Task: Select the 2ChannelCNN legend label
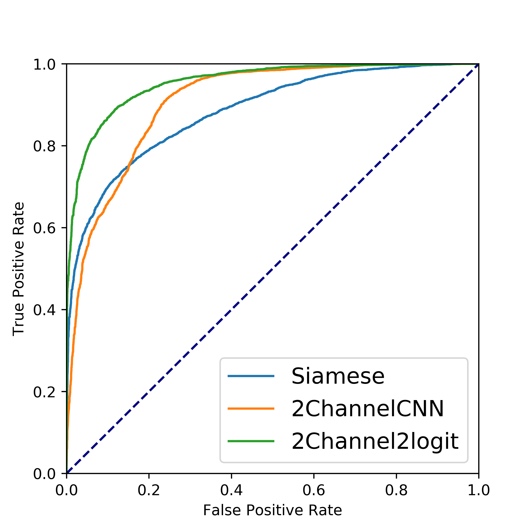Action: tap(368, 409)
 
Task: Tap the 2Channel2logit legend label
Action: tap(375, 441)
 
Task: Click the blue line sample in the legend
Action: tap(251, 376)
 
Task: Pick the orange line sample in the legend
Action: tap(251, 409)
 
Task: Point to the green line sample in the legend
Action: tap(251, 441)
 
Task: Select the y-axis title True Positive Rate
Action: tap(19, 269)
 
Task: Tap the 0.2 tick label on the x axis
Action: tap(149, 491)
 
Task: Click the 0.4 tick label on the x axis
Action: tap(231, 491)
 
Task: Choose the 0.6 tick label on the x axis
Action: tap(314, 491)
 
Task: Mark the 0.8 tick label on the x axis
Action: tap(396, 491)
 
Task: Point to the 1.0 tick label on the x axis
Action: tap(479, 491)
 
